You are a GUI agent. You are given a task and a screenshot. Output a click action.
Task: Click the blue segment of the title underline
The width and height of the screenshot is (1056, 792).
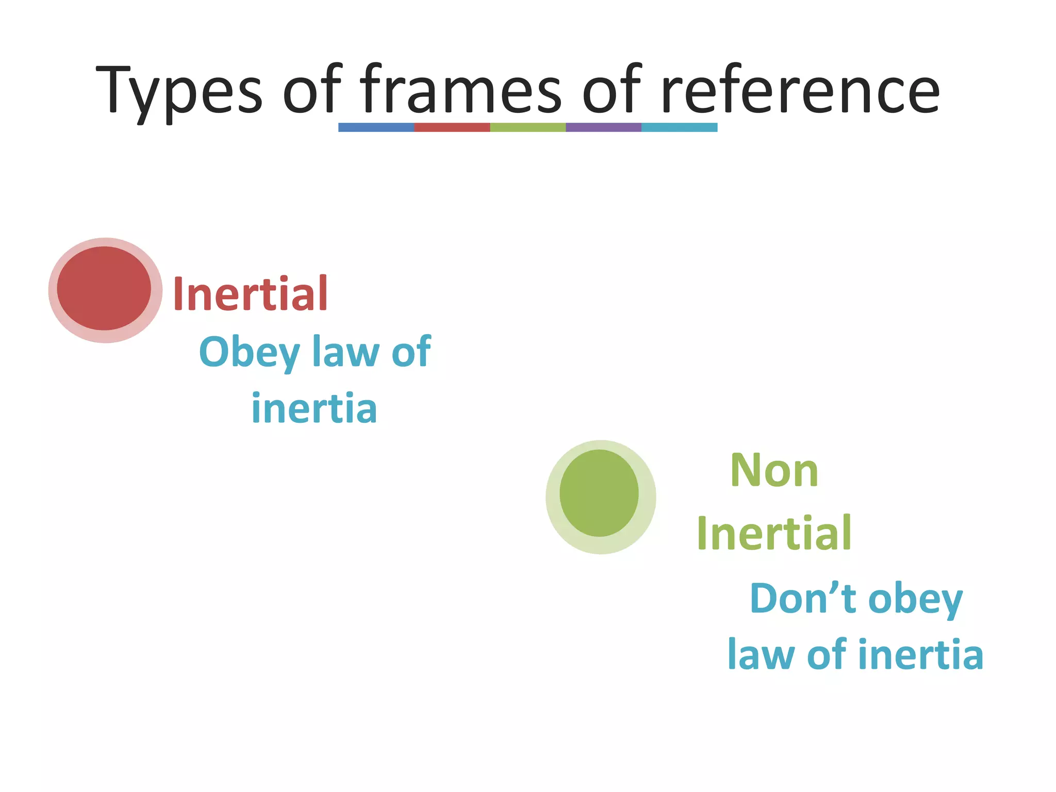coord(376,127)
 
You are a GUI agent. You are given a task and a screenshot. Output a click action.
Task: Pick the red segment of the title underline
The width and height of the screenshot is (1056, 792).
coord(452,127)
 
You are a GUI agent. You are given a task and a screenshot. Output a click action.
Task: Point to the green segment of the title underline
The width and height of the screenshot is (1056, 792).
coord(527,127)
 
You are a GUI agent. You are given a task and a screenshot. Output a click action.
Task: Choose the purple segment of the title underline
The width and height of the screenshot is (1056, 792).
coord(603,127)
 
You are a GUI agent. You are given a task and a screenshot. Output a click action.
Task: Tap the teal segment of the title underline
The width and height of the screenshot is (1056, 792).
coord(679,127)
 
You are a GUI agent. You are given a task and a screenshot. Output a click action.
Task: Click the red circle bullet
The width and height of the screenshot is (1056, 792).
coord(105,289)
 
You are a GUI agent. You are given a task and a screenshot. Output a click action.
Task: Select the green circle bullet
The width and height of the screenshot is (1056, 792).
coord(599,493)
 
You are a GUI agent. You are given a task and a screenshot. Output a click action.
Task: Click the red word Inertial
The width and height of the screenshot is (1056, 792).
coord(251,293)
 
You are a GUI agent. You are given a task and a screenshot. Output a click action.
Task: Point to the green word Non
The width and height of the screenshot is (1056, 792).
coord(774,470)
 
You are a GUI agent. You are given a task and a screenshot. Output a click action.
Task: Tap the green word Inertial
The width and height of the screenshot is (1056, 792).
coord(773,533)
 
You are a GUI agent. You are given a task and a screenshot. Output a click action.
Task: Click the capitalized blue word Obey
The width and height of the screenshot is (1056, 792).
coord(249,352)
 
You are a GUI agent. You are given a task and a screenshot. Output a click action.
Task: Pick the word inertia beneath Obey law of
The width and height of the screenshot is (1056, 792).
coord(314,408)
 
